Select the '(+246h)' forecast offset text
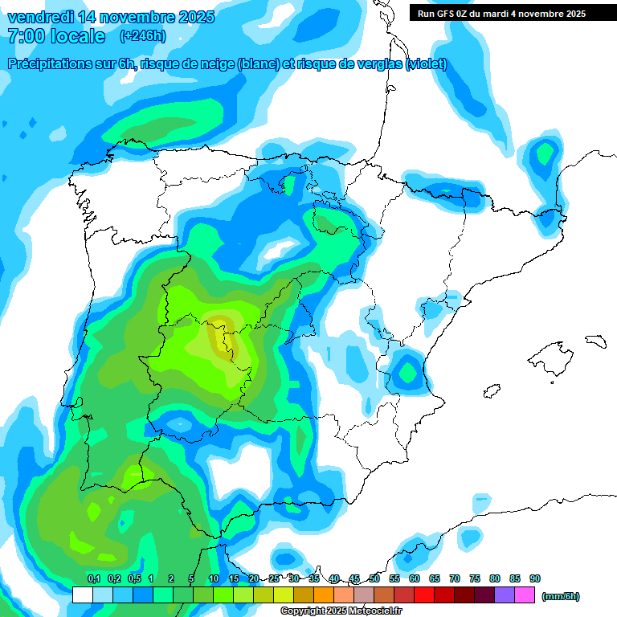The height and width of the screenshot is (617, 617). click(142, 36)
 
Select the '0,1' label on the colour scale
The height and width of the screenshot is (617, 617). click(93, 579)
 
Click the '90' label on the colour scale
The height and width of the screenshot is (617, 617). click(535, 579)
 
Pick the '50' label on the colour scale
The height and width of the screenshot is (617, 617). click(374, 579)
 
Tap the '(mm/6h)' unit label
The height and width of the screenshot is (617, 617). click(561, 596)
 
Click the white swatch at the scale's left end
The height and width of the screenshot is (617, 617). click(83, 595)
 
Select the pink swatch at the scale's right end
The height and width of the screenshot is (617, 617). click(525, 595)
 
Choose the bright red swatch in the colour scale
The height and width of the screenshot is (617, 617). click(424, 595)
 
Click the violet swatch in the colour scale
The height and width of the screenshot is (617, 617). click(505, 595)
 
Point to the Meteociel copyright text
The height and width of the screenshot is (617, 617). click(341, 611)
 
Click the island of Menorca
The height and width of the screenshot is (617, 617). click(595, 341)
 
